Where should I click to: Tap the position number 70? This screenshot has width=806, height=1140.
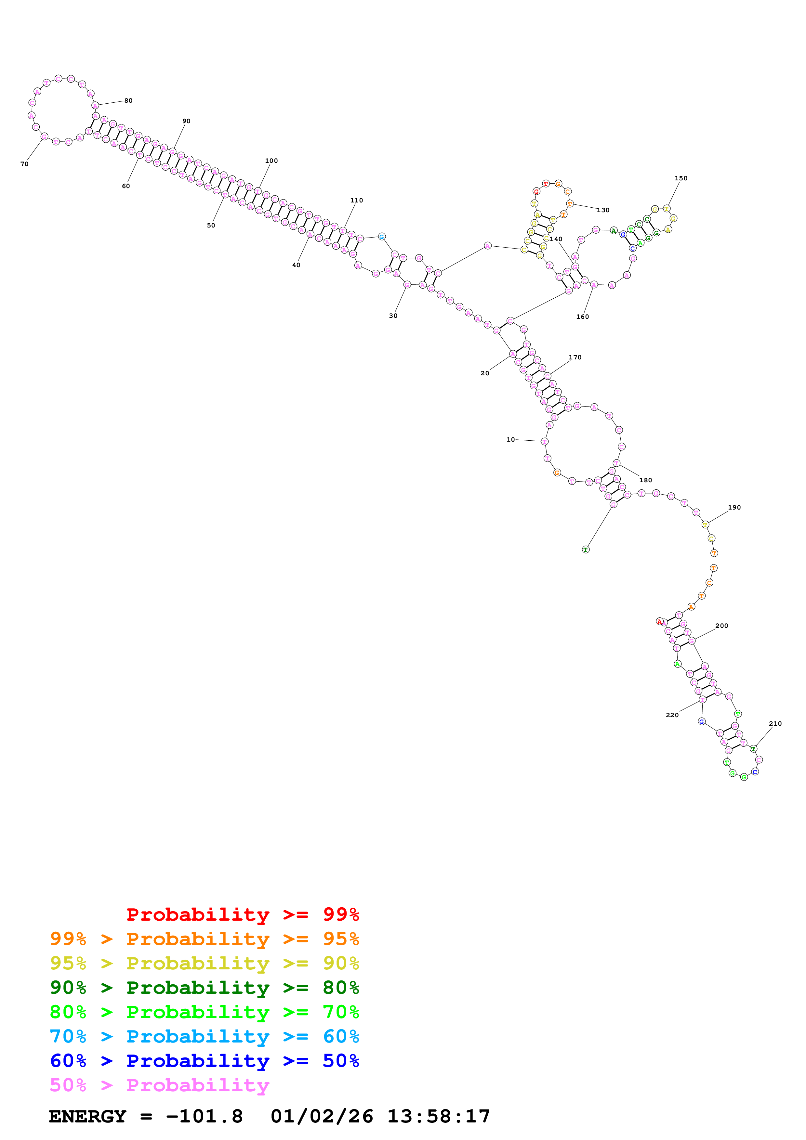point(24,164)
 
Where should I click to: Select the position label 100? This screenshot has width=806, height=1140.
point(271,161)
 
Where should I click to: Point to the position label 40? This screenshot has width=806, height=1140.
point(296,265)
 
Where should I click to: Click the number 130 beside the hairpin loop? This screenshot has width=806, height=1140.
point(603,210)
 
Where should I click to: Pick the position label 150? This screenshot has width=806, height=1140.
point(681,178)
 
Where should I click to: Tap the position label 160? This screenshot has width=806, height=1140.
point(583,317)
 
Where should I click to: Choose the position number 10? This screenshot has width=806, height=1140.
point(510,439)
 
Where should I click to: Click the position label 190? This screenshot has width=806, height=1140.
point(734,507)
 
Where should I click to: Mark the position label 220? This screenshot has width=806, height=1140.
point(672,715)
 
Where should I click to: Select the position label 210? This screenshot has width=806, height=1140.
point(775,723)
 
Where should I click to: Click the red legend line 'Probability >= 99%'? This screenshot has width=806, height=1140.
point(242,914)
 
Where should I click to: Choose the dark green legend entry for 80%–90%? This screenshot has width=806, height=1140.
point(204,988)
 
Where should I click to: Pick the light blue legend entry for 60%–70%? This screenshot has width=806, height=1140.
point(204,1036)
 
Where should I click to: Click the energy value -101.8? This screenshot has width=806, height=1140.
point(204,1117)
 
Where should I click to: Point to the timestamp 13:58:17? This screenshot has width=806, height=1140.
point(439,1117)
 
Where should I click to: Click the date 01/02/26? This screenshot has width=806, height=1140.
point(322,1117)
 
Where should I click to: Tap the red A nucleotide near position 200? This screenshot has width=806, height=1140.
point(659,621)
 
